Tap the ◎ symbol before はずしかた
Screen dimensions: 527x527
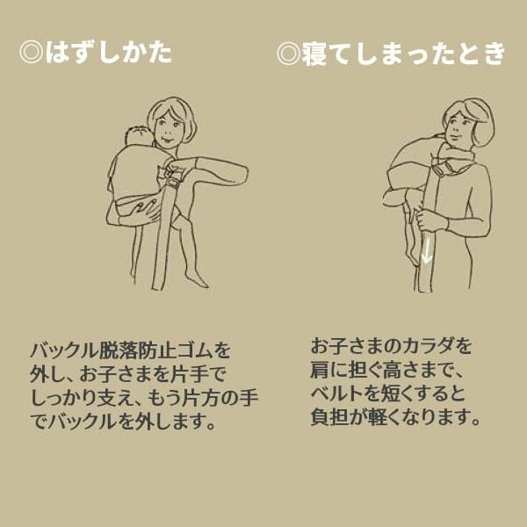tap(32, 52)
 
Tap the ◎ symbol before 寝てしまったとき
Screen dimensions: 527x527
tap(288, 53)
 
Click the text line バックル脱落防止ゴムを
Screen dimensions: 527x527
tap(128, 348)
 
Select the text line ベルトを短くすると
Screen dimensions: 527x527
tap(391, 392)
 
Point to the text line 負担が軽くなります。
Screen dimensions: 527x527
tap(396, 416)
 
